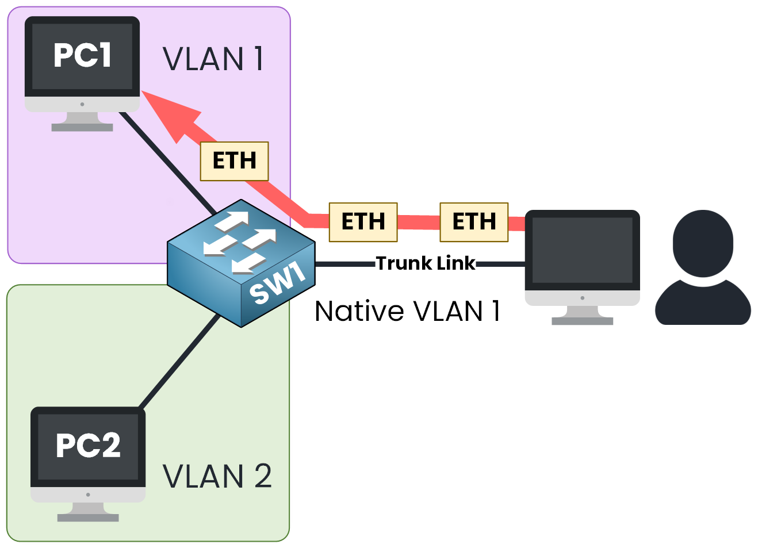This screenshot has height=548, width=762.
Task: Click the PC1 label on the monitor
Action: pos(82,55)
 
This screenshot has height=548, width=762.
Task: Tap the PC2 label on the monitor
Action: pos(88,445)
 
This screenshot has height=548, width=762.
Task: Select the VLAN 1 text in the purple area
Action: pos(213,59)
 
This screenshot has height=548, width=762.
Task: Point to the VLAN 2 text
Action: pos(217,476)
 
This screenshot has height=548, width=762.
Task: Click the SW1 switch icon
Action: pos(241,263)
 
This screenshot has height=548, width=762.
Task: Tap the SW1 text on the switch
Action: pos(278,282)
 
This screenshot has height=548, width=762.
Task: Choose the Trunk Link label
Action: pos(426,263)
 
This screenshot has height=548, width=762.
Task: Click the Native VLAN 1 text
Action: pos(407,311)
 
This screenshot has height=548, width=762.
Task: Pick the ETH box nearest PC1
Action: pos(234,161)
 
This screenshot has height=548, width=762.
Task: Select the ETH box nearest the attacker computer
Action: pos(474,222)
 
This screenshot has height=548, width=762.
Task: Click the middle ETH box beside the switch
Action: pos(363,222)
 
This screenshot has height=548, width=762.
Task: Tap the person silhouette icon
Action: pos(703,268)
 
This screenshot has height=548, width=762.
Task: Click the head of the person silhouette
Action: pos(703,242)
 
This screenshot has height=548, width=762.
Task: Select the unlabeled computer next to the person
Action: pos(582,258)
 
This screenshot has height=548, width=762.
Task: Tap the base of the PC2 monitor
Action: pos(88,518)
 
